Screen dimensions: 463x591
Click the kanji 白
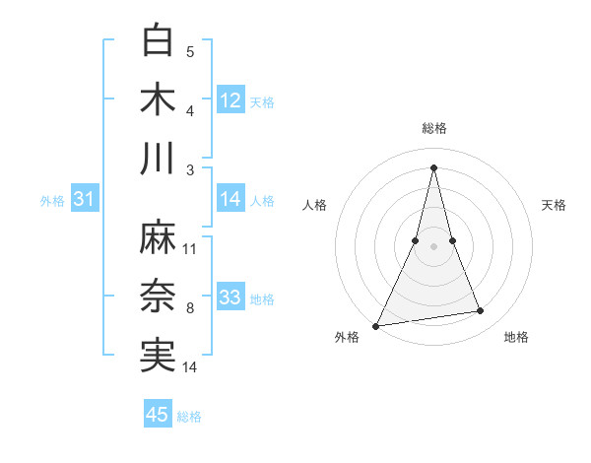159,41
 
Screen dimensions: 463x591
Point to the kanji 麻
159,238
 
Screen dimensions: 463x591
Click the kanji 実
159,356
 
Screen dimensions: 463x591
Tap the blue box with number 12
230,100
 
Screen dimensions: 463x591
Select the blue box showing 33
230,298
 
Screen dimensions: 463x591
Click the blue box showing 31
85,199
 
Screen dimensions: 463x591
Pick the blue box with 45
158,415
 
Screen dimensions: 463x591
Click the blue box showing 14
230,199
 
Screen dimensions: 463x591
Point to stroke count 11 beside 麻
190,249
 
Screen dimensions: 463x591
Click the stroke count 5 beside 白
190,52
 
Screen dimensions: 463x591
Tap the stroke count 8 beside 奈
190,308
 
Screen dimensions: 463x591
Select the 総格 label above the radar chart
433,128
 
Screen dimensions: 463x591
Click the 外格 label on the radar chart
348,337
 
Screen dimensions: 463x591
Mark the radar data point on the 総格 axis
433,166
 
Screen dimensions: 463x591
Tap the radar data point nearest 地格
481,311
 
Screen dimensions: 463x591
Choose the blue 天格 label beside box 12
262,102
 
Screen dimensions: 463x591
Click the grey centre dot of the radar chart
433,246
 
